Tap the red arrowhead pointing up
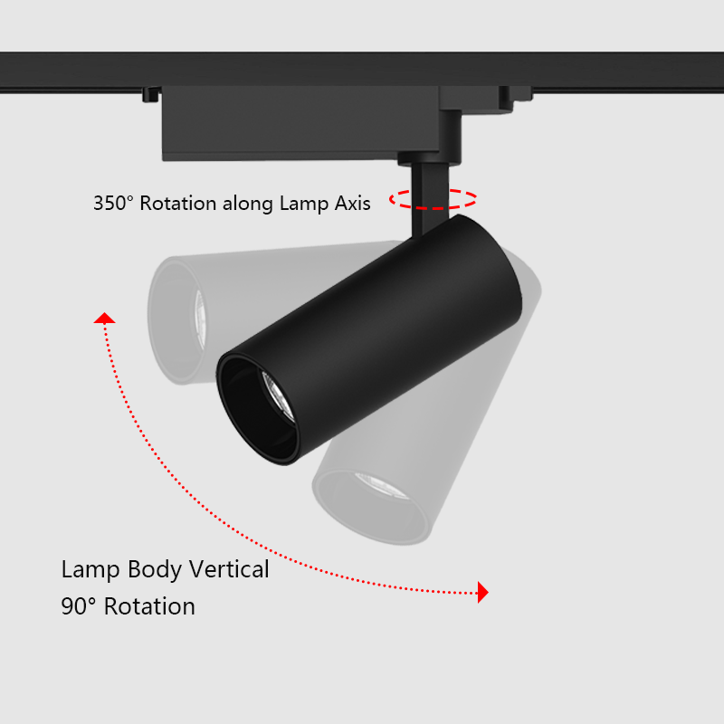(105, 318)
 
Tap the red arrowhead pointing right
(483, 593)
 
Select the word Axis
(350, 204)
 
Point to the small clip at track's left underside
(151, 93)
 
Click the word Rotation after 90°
(149, 606)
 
